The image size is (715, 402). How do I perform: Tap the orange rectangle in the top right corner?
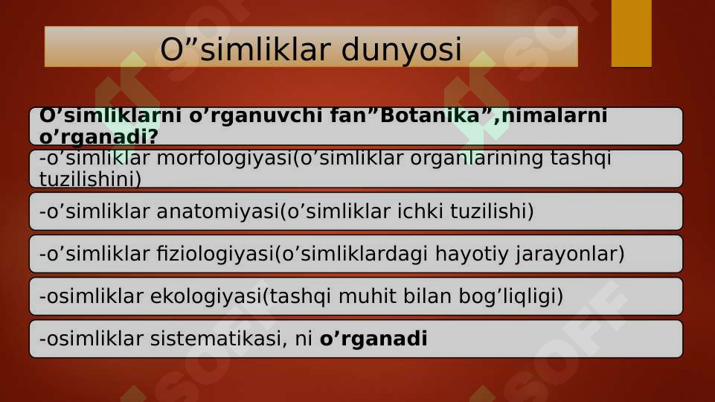pyautogui.click(x=631, y=33)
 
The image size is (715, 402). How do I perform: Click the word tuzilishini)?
pyautogui.click(x=90, y=179)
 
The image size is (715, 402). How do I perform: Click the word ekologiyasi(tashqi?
pyautogui.click(x=222, y=297)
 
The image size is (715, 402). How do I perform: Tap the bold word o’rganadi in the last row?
pyautogui.click(x=373, y=339)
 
